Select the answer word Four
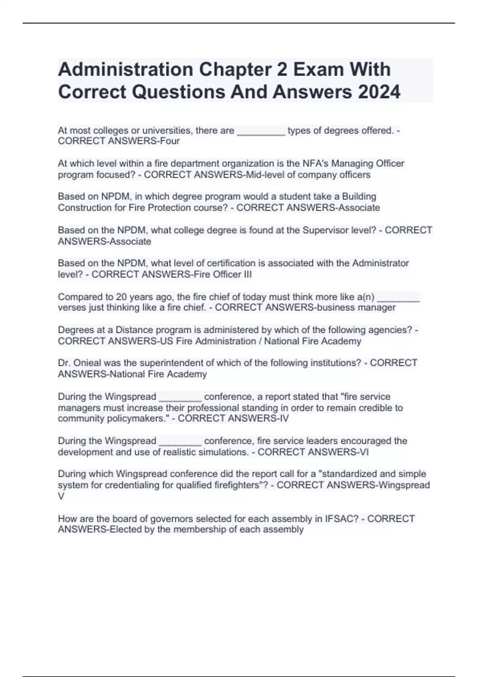[x=170, y=141]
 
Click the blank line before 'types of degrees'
[x=261, y=131]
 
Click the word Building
[x=359, y=197]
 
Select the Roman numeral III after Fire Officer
[x=247, y=274]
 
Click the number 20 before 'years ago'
[x=121, y=297]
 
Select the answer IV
[x=284, y=419]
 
